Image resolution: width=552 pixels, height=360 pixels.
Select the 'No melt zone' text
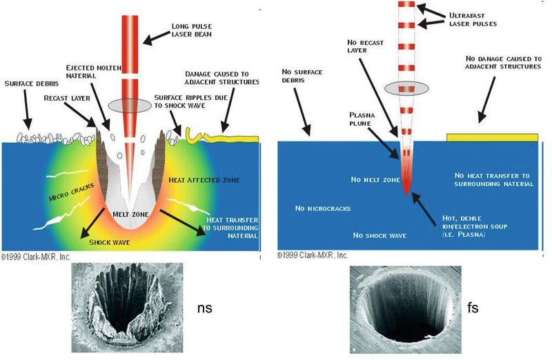(x=376, y=180)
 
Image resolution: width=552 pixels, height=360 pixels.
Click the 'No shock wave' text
(x=379, y=235)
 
